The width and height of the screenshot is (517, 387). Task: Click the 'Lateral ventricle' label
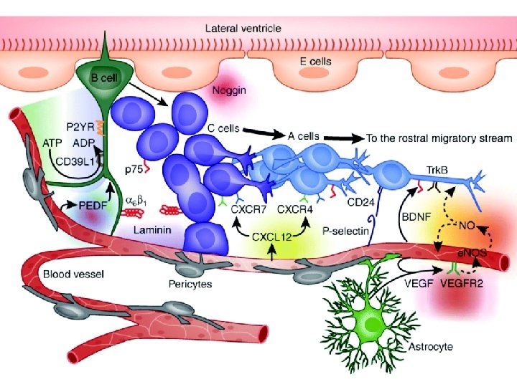(243, 29)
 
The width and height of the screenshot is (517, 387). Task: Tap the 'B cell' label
(105, 77)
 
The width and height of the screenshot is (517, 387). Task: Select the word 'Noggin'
(230, 91)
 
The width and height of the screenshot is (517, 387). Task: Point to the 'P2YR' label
(80, 128)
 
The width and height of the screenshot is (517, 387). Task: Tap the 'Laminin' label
(150, 229)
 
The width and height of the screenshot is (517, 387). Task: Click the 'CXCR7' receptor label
(248, 210)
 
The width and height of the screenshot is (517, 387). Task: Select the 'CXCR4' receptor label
(294, 210)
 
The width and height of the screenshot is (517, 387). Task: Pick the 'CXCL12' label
(271, 235)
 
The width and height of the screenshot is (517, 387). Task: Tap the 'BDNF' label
(414, 215)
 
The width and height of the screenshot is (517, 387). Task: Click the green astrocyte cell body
(373, 327)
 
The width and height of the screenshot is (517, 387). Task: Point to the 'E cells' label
(315, 62)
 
